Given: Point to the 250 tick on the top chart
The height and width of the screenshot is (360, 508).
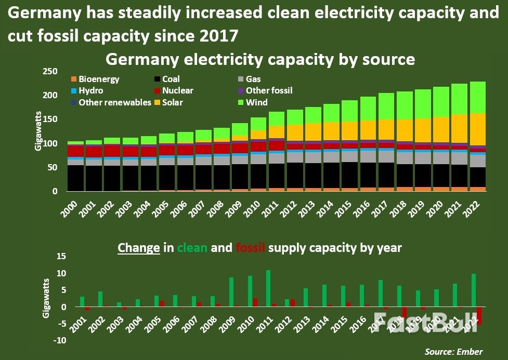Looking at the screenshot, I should tap(50, 72).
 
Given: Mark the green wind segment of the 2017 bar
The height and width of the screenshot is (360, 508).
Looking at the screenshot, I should tap(386, 106).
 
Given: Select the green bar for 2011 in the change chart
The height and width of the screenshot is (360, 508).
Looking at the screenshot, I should tap(268, 288).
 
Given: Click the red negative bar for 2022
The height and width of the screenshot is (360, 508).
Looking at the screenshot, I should tap(479, 316).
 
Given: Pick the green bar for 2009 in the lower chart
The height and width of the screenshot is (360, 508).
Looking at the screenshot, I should tap(231, 292).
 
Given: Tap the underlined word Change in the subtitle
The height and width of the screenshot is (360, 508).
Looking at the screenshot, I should tap(138, 247).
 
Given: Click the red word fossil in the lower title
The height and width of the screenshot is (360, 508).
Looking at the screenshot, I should tap(251, 247).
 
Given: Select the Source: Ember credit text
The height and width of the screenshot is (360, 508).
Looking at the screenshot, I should tap(453, 352).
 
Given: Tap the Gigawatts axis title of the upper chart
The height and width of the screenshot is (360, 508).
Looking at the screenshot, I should tap(39, 132).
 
